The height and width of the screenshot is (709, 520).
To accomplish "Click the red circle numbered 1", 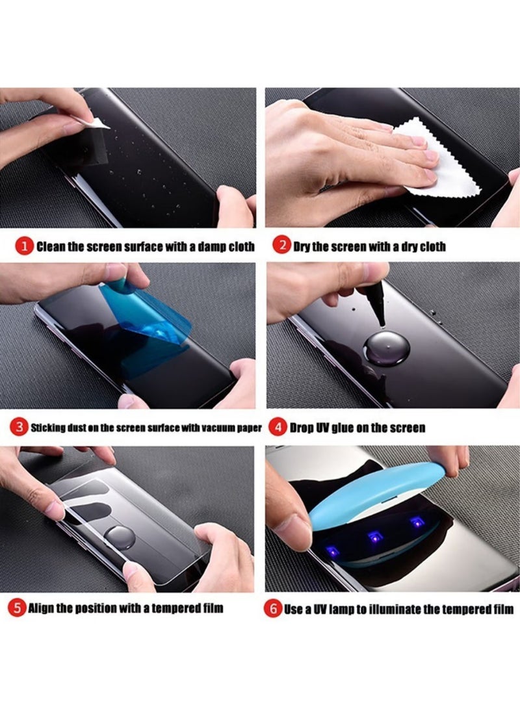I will (24, 247).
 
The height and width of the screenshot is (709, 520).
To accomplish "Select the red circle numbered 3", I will (19, 428).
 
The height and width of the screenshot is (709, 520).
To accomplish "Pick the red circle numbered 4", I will (278, 428).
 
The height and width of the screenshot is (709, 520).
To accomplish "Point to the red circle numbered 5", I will (16, 608).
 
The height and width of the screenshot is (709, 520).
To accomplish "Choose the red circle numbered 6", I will (273, 609).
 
